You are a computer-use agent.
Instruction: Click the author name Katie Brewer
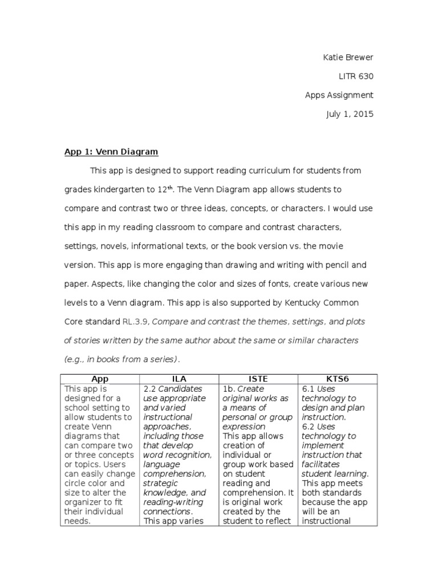tap(348, 58)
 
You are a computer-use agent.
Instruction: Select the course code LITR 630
tap(356, 76)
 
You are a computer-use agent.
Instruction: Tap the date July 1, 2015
tap(350, 114)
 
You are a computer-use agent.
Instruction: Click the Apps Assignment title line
tap(339, 95)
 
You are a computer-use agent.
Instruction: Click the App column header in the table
tap(100, 379)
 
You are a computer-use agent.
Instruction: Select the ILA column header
tap(179, 379)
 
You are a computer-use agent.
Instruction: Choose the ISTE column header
tap(258, 379)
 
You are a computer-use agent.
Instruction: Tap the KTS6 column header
tap(338, 379)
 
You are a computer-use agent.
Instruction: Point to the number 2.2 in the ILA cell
tap(149, 389)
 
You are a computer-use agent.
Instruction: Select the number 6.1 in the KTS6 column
tap(308, 389)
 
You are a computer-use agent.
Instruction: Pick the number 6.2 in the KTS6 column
tap(308, 427)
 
